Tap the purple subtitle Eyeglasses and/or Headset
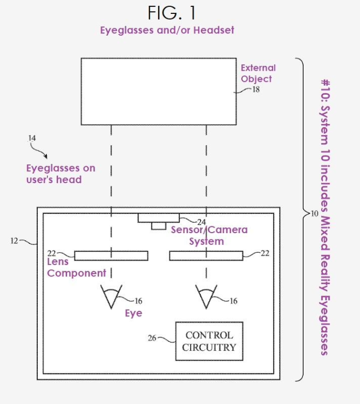[x=167, y=30]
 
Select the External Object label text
[x=258, y=73]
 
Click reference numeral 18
[x=256, y=90]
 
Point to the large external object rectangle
[x=159, y=92]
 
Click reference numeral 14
[x=32, y=138]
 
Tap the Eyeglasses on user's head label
[x=61, y=174]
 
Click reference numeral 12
[x=14, y=241]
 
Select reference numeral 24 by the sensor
[x=201, y=221]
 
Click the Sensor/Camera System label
[x=209, y=235]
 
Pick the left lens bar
[x=111, y=256]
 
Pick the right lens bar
[x=206, y=256]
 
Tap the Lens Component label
[x=77, y=268]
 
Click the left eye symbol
[x=112, y=296]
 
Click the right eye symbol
[x=206, y=296]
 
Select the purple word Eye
[x=134, y=313]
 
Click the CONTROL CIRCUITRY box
[x=209, y=341]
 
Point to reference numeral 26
[x=152, y=338]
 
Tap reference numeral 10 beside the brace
[x=314, y=215]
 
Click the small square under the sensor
[x=158, y=226]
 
